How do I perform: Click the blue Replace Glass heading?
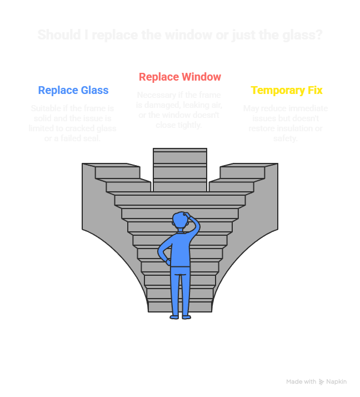[73, 90]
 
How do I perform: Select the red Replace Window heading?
[180, 77]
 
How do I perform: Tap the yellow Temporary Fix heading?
[286, 90]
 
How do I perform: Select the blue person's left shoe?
[174, 316]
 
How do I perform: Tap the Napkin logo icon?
[321, 382]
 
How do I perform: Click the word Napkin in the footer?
[337, 382]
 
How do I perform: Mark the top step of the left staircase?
[111, 165]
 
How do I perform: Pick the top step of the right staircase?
[248, 165]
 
